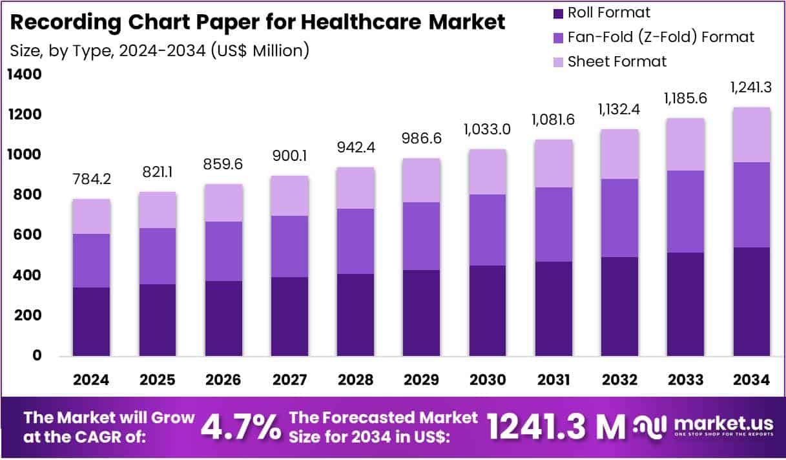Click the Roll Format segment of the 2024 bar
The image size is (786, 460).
92,321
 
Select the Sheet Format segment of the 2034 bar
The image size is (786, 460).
752,134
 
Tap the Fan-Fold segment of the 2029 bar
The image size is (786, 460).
422,236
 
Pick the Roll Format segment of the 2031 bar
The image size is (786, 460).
553,308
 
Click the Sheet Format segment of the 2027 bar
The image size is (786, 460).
289,195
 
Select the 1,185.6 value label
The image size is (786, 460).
686,98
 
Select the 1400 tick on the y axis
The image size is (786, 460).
24,75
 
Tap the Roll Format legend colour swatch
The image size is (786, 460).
558,13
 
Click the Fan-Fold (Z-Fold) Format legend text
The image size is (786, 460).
661,37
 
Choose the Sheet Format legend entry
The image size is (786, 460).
617,61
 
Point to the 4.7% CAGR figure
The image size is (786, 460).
241,427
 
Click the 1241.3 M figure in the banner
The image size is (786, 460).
556,427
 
